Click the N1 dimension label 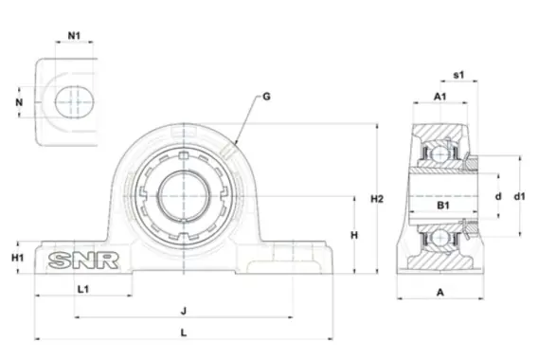coord(74,36)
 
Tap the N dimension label coord(19,102)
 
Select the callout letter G coord(266,97)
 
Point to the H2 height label coord(377,199)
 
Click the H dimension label coord(354,235)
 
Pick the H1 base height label coord(17,258)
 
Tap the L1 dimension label coord(83,289)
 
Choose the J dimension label coord(184,312)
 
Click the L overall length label coord(184,333)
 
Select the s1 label coord(458,75)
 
